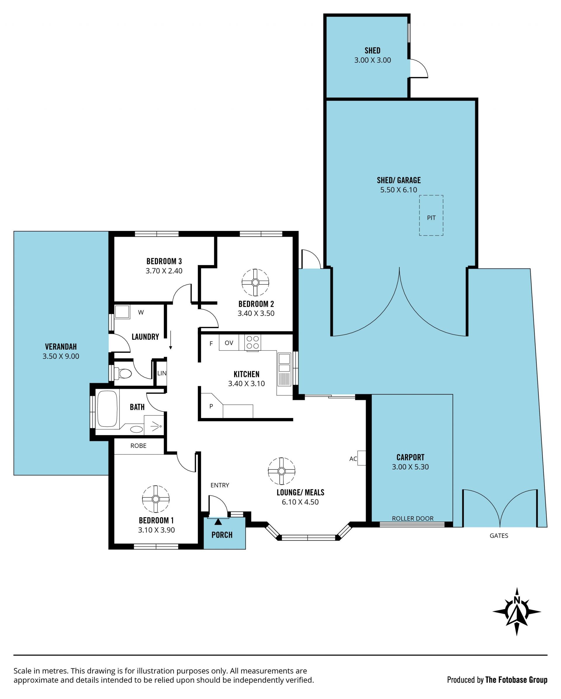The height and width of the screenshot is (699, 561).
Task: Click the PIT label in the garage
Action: tap(431, 218)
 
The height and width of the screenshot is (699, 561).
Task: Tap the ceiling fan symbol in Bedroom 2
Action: tap(255, 282)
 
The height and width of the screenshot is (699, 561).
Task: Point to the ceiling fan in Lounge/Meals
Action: tap(282, 471)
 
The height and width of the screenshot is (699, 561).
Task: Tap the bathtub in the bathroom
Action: tap(107, 409)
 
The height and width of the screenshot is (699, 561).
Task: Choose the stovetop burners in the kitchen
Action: tap(252, 342)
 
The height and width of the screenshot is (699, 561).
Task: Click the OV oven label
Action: tap(229, 343)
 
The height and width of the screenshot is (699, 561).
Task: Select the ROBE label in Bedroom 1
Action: tap(138, 446)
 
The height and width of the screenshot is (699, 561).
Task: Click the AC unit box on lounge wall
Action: tap(362, 458)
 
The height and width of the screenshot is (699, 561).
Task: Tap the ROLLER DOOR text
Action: tap(413, 518)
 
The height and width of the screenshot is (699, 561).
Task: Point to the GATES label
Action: tap(499, 536)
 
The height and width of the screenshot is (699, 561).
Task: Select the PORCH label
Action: tap(222, 535)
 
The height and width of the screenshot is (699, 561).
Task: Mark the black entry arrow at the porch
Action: tap(218, 522)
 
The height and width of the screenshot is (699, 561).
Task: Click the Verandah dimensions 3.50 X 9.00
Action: tap(61, 356)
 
